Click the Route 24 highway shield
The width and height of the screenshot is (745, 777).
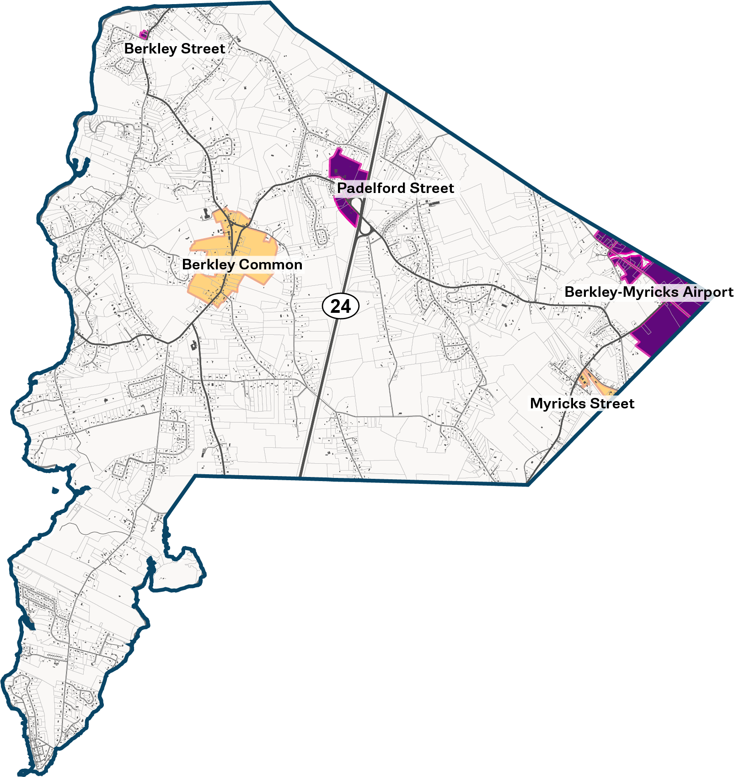pyautogui.click(x=341, y=306)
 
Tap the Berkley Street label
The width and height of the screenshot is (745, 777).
pyautogui.click(x=174, y=48)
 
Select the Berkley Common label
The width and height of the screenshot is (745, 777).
pyautogui.click(x=242, y=264)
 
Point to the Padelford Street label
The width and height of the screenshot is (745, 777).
pyautogui.click(x=395, y=188)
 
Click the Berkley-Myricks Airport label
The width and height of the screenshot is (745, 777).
pyautogui.click(x=649, y=292)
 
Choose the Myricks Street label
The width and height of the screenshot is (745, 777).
pyautogui.click(x=582, y=403)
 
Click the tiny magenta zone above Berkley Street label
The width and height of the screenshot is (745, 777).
pyautogui.click(x=144, y=34)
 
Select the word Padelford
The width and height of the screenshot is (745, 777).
pyautogui.click(x=371, y=188)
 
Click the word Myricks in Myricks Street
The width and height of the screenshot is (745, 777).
pyautogui.click(x=557, y=403)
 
